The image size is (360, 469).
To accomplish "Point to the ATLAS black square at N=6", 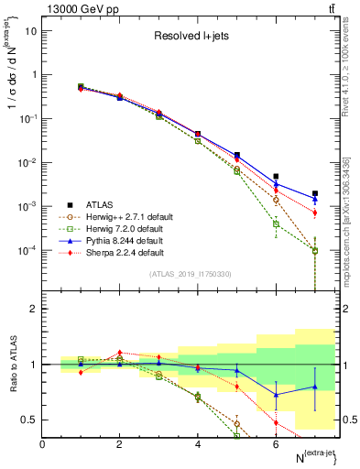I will (276, 176).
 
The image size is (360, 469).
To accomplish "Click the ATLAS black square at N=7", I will (314, 193).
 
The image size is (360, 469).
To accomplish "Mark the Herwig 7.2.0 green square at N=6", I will (276, 224).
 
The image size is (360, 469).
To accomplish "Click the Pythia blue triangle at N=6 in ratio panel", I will (276, 395).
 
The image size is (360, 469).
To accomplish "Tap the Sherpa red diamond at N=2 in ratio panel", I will (119, 352).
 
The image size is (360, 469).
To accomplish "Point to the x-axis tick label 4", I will (197, 444).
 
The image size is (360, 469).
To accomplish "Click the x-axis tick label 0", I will (42, 444).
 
